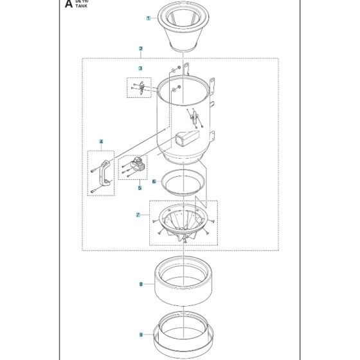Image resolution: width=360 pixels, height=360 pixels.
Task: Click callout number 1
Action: click(148, 19)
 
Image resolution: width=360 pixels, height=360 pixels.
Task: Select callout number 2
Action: click(140, 49)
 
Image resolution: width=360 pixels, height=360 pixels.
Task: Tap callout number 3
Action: click(140, 67)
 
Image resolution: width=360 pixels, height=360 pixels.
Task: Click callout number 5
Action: click(139, 188)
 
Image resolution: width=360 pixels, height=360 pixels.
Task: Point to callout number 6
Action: click(154, 182)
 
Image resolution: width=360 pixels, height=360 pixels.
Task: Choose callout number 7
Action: click(138, 214)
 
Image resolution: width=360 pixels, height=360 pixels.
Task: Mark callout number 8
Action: click(140, 283)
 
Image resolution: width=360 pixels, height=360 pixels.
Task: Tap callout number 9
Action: click(140, 334)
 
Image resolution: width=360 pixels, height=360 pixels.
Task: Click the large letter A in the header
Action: click(69, 5)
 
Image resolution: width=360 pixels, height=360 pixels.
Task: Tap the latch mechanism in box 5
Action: click(134, 166)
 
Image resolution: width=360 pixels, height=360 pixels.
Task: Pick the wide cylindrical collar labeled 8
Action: click(183, 283)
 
